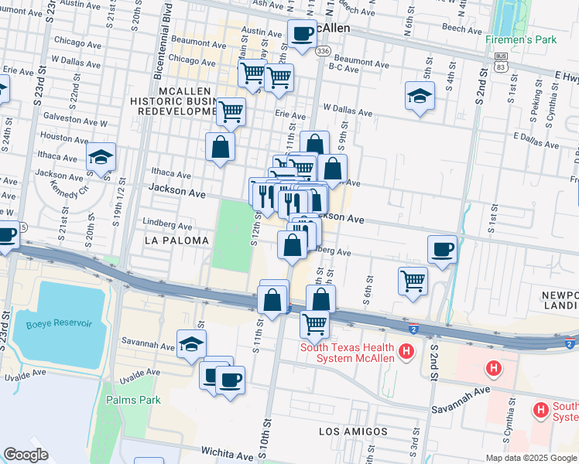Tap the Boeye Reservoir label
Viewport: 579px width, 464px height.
57,324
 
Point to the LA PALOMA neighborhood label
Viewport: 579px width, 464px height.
176,241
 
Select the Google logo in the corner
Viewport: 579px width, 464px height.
26,455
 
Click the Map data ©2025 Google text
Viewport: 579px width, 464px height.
531,458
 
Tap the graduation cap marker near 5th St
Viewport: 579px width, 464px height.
420,96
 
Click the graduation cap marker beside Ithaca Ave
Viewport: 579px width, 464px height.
101,157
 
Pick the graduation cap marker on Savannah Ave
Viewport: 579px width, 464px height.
191,345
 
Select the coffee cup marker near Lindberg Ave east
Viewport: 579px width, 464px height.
442,249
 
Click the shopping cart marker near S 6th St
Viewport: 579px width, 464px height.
413,280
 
